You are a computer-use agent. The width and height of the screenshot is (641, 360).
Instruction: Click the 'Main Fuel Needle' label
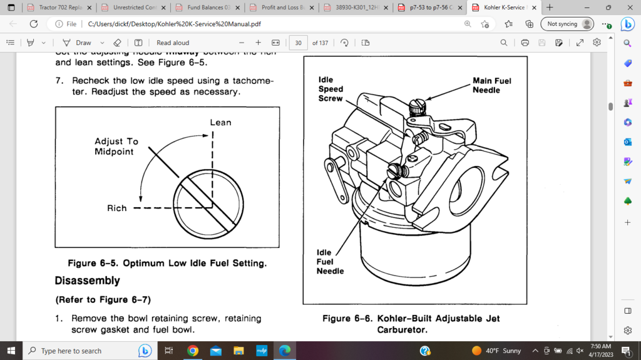tap(491, 85)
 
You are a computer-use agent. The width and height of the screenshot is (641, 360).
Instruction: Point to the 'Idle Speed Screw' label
tap(331, 89)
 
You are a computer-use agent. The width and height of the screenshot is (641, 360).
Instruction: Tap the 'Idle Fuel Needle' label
tap(330, 262)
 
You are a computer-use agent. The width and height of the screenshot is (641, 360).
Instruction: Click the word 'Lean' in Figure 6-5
tap(220, 122)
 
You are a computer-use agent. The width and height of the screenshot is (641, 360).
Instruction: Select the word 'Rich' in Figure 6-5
tap(116, 208)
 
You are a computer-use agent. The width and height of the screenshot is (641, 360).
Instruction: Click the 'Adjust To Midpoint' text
tap(116, 147)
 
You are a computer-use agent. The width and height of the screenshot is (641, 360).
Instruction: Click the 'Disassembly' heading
tap(87, 280)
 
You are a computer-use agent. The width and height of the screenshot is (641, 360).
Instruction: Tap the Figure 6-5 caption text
tap(167, 263)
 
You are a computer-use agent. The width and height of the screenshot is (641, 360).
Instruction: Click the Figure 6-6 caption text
tap(411, 324)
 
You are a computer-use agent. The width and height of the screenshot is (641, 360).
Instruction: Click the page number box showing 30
tap(298, 43)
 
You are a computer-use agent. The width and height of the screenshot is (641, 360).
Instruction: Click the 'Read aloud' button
tap(172, 43)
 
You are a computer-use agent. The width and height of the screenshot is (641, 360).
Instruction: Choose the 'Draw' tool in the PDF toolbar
tap(77, 43)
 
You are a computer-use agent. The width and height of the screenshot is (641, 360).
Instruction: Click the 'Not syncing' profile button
tap(568, 24)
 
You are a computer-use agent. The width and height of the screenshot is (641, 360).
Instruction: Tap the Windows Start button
tap(11, 351)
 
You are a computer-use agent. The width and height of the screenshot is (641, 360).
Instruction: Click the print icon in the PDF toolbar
tap(525, 43)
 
